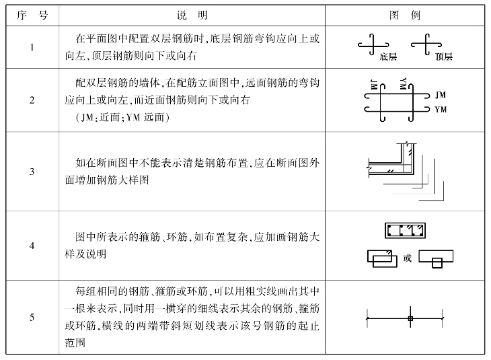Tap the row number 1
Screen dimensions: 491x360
(x=32, y=47)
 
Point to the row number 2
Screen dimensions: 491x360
(x=32, y=100)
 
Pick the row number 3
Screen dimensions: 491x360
(x=32, y=172)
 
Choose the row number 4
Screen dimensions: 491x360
(x=32, y=246)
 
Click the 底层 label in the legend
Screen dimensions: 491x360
(x=387, y=57)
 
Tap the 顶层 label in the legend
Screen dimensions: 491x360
(x=444, y=57)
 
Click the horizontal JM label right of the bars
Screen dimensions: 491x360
(x=441, y=94)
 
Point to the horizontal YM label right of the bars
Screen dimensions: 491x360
(x=441, y=108)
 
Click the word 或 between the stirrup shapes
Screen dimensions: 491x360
(x=408, y=257)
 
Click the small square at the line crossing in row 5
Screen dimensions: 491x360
(x=410, y=317)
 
